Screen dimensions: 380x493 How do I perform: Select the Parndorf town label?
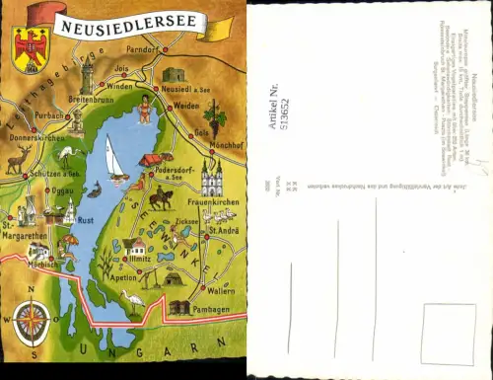pyautogui.click(x=142, y=48)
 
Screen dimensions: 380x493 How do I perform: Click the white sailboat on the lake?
pyautogui.click(x=114, y=160)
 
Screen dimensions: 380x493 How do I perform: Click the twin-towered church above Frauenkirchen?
pyautogui.click(x=212, y=178)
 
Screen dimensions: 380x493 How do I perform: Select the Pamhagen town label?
pyautogui.click(x=210, y=309)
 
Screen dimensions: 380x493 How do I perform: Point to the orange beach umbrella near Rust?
pyautogui.click(x=68, y=240)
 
